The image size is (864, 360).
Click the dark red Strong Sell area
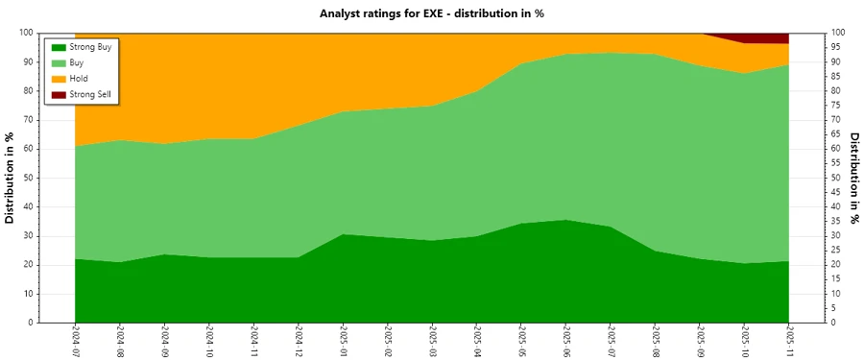pyautogui.click(x=768, y=37)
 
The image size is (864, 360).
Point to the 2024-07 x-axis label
pyautogui.click(x=76, y=340)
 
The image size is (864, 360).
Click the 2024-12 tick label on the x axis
pyautogui.click(x=299, y=340)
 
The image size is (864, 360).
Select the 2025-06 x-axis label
pyautogui.click(x=566, y=340)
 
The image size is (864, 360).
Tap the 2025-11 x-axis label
pyautogui.click(x=789, y=340)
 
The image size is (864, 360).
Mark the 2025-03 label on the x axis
pyautogui.click(x=433, y=340)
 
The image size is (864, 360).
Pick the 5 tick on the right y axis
pyautogui.click(x=834, y=308)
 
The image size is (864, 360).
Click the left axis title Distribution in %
pyautogui.click(x=10, y=178)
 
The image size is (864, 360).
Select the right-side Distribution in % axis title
pyautogui.click(x=853, y=178)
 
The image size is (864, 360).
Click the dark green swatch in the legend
pyautogui.click(x=59, y=47)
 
